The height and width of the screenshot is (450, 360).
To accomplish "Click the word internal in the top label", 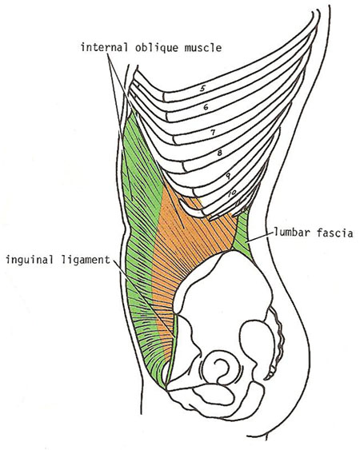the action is point(104,47).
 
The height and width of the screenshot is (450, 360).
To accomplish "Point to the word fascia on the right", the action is point(335,232).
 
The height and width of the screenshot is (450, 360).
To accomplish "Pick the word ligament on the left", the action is point(86,260).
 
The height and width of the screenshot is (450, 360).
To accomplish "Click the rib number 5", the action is point(202,88).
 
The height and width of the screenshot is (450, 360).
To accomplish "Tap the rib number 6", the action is point(206,107).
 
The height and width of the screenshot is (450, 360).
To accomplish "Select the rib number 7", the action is point(213,133).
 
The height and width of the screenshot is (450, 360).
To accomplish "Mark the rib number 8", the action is point(219,153).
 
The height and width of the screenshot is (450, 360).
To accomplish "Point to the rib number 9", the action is point(228,175).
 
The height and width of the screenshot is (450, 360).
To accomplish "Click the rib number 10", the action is point(232,193).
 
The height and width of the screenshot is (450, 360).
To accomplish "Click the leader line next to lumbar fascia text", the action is point(259,238).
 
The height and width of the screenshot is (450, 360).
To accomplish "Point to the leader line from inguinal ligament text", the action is point(144,298).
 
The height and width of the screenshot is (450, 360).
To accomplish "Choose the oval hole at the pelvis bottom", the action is point(214,395).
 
